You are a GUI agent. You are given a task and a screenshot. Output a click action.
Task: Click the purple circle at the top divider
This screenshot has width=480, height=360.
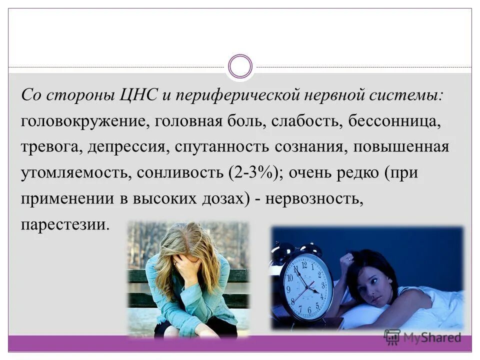tap(240, 66)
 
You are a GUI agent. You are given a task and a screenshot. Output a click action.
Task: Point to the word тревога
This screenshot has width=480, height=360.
tap(51, 148)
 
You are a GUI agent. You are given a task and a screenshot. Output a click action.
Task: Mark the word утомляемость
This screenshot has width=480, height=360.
tap(73, 173)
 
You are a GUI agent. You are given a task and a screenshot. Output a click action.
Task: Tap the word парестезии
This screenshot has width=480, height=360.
tap(64, 224)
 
